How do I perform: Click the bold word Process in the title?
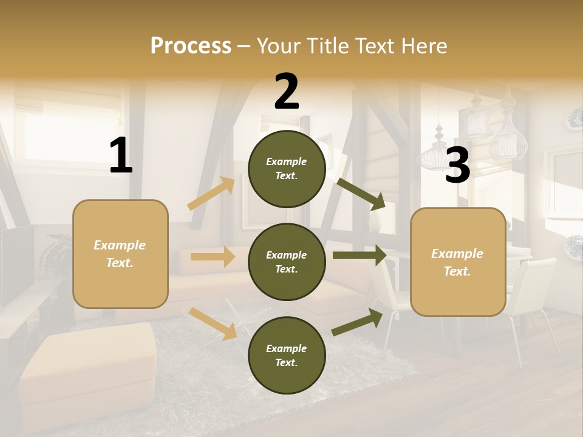click(191, 46)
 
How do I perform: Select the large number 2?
click(287, 92)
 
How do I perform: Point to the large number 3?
click(457, 165)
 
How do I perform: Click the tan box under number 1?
click(120, 254)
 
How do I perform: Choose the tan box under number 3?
click(458, 262)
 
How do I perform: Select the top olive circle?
click(287, 169)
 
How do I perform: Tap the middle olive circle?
click(287, 262)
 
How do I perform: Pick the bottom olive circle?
click(287, 355)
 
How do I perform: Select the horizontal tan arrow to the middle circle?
click(213, 257)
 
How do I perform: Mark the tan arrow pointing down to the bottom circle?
click(213, 324)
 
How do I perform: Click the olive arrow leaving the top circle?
click(361, 194)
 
